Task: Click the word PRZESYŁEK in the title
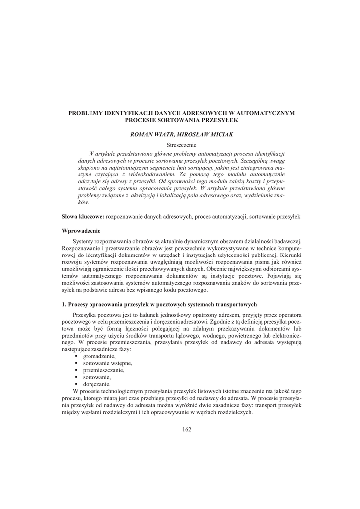tap(223, 120)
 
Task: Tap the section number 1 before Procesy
tap(63, 304)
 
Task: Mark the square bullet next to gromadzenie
tap(76, 357)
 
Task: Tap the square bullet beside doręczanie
tap(76, 385)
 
